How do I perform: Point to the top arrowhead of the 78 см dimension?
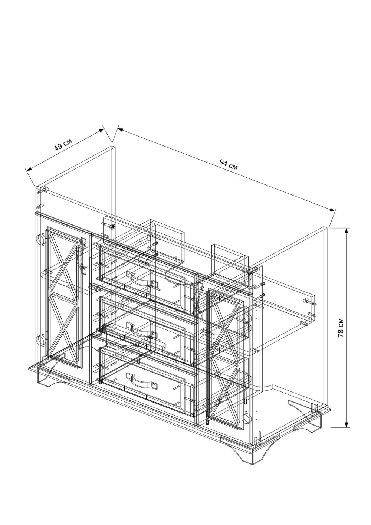(x=347, y=231)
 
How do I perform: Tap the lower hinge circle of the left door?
(x=41, y=339)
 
